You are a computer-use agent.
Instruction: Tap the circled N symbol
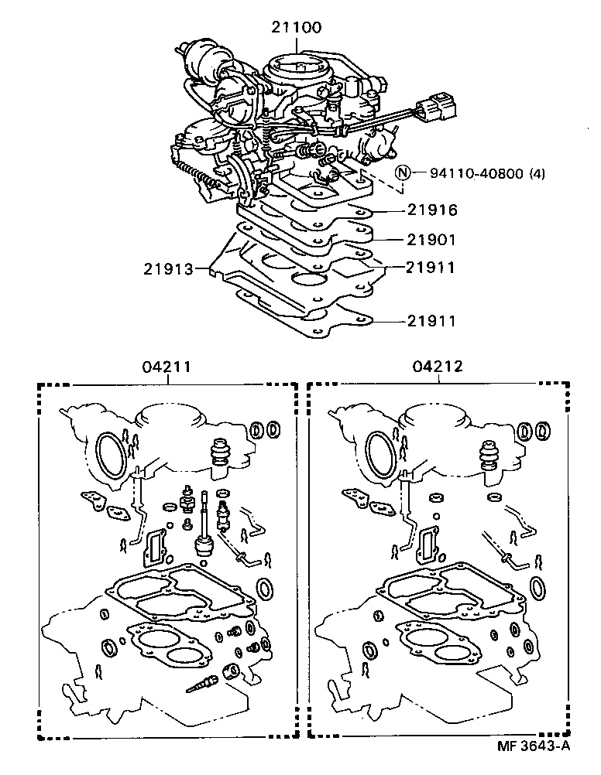click(x=403, y=172)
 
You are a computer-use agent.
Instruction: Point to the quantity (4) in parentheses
click(x=537, y=173)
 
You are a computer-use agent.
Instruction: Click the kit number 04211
click(x=167, y=367)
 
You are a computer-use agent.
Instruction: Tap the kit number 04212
click(x=438, y=367)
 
